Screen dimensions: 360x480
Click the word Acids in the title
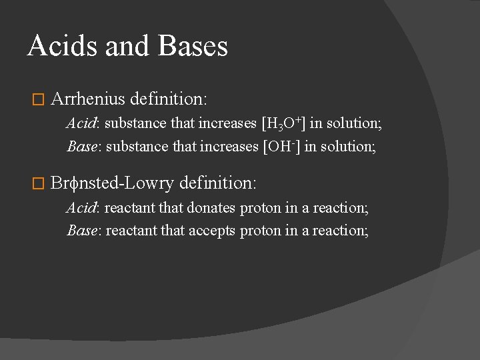[x=55, y=46]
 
